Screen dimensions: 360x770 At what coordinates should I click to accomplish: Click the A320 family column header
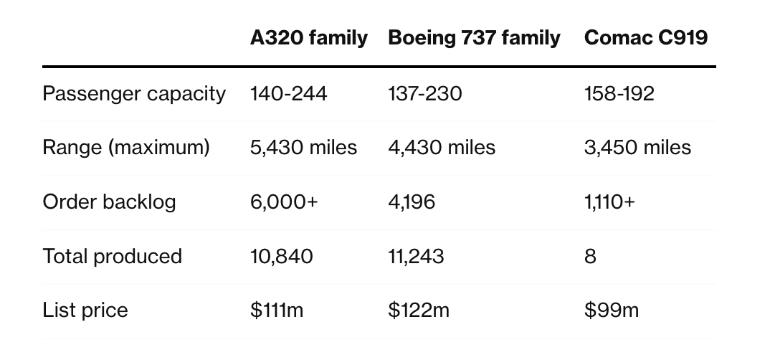click(308, 38)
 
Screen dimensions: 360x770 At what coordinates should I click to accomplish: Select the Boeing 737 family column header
click(474, 38)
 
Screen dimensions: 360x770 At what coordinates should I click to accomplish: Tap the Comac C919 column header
click(646, 38)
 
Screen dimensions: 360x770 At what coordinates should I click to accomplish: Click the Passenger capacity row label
click(134, 94)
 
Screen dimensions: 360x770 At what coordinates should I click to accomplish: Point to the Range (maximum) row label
click(126, 148)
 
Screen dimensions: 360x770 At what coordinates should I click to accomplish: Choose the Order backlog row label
click(109, 202)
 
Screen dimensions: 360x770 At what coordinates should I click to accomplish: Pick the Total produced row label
click(113, 256)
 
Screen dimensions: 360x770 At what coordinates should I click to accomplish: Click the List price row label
click(85, 311)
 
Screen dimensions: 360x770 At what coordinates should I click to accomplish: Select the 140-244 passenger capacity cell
click(288, 94)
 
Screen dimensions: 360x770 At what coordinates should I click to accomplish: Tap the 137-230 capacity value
click(424, 94)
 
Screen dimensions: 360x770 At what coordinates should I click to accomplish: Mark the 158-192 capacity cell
click(619, 94)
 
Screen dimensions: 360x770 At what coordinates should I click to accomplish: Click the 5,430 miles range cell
click(303, 148)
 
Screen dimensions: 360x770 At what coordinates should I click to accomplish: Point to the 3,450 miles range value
click(637, 148)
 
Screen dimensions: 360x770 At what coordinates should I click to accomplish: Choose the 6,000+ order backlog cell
click(283, 202)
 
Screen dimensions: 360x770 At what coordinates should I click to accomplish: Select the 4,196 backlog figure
click(412, 202)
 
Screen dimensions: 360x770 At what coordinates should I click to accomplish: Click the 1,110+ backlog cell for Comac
click(609, 202)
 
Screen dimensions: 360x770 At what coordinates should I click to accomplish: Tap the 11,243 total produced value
click(416, 256)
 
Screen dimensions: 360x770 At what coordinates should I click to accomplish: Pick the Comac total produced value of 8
click(590, 256)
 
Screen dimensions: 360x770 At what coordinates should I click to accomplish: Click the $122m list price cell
click(419, 311)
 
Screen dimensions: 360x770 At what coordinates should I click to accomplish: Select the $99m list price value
click(612, 311)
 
